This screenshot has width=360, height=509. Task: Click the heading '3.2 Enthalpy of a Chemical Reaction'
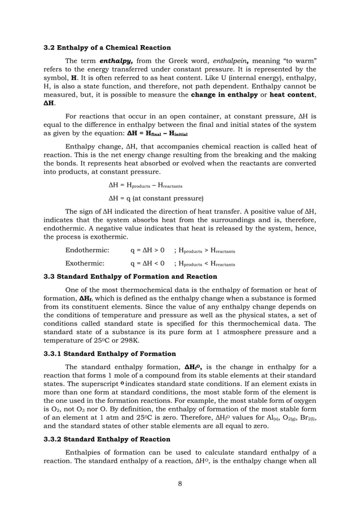[x=107, y=47]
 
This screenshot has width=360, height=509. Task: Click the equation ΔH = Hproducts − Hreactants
[x=145, y=185]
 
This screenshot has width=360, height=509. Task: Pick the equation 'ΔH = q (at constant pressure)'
[x=155, y=198]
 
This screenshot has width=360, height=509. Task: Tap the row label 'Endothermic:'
[x=87, y=249]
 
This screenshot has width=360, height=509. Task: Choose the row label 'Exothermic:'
[x=85, y=263]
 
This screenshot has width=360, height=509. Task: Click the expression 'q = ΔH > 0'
[x=147, y=249]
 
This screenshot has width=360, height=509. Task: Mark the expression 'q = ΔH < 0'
[x=147, y=263]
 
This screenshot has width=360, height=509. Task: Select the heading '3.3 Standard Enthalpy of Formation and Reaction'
[x=130, y=277]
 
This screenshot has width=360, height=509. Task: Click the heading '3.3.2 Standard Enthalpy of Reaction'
[x=107, y=439]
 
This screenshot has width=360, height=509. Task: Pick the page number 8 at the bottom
[x=179, y=483]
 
